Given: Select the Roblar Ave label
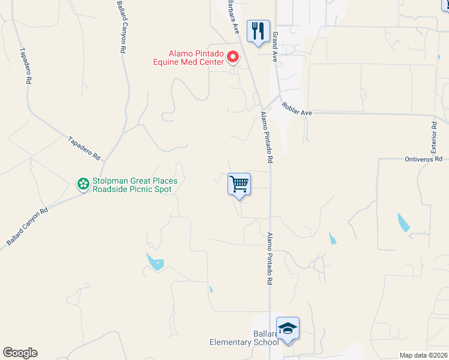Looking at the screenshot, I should tap(297, 109).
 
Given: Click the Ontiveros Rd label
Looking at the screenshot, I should tap(423, 159).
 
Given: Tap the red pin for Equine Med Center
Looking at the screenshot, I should tap(233, 57).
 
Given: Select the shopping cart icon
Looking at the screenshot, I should tap(239, 184).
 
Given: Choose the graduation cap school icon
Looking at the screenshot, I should tap(288, 329).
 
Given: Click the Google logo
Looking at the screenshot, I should tap(20, 353).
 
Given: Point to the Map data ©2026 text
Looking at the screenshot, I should tap(424, 355).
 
